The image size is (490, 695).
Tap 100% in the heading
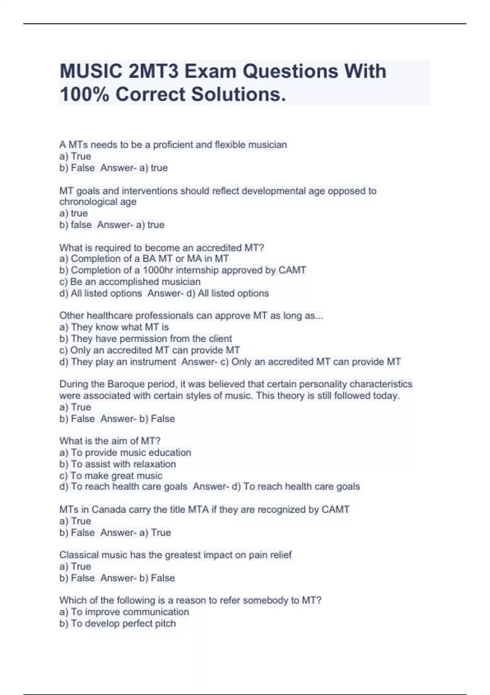(84, 94)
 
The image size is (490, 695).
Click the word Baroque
(123, 384)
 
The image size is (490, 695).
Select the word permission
(143, 339)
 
